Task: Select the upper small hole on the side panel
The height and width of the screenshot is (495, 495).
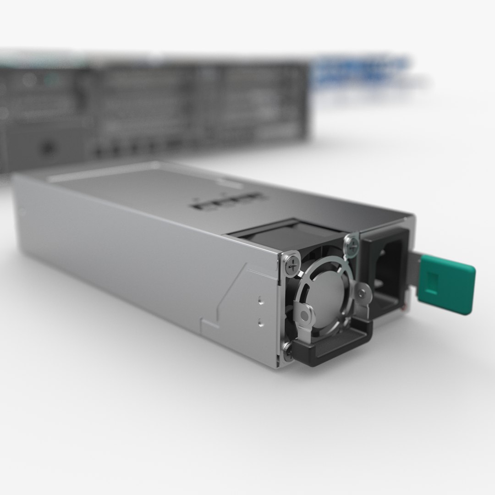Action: pos(261,302)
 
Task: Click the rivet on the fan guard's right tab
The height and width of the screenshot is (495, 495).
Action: pos(362,291)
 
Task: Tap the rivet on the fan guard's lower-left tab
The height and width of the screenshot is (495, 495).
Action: pos(303,315)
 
